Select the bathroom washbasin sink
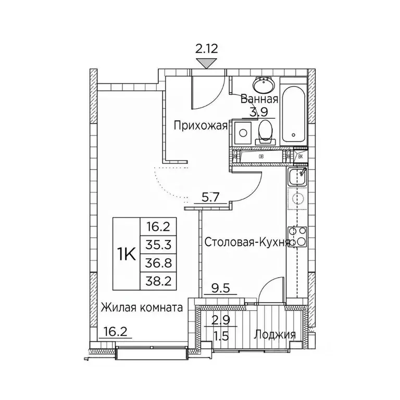262,84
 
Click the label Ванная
259,99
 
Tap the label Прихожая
201,125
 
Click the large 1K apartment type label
126,255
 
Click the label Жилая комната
142,308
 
